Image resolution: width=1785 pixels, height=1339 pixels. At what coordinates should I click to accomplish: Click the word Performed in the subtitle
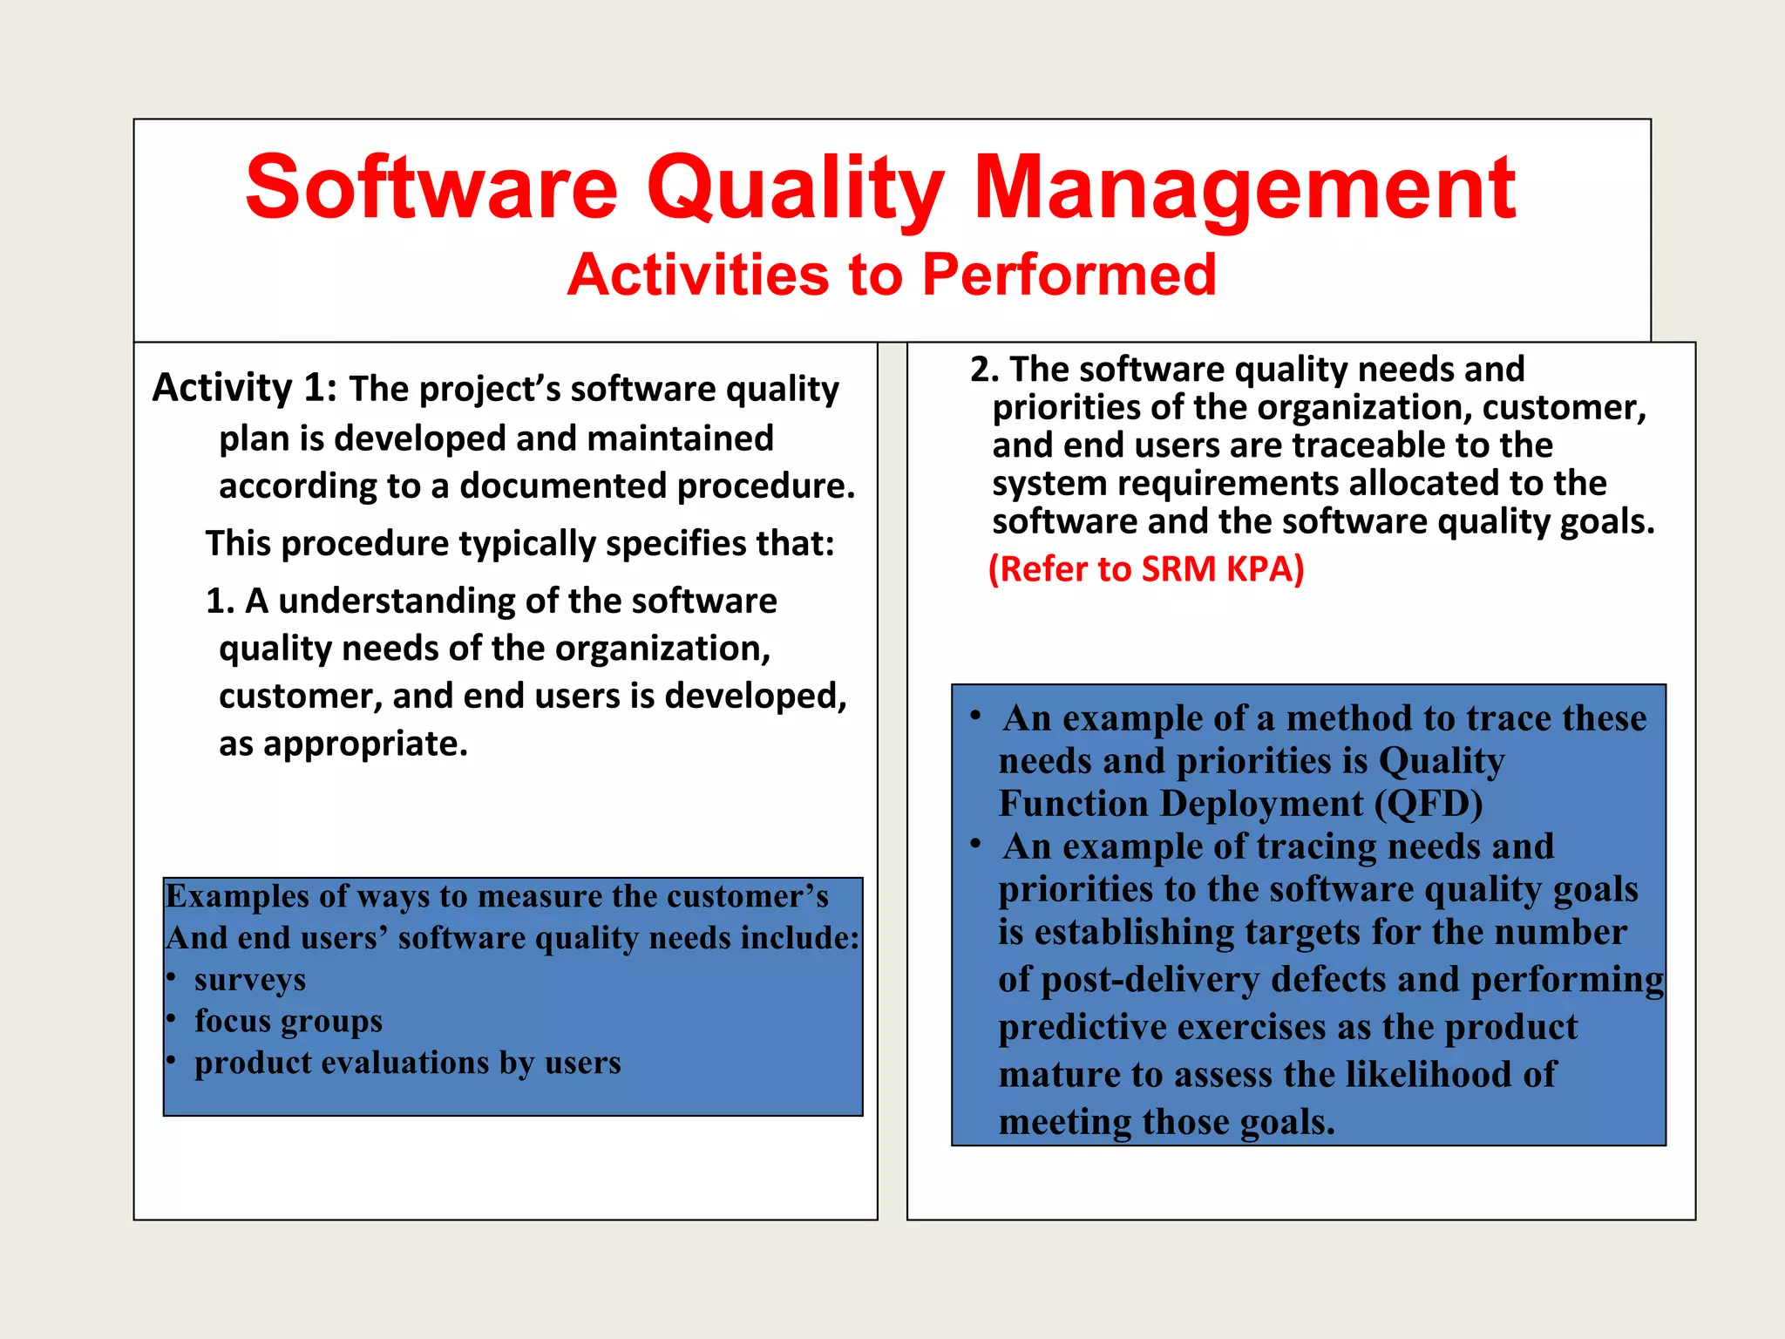point(1069,275)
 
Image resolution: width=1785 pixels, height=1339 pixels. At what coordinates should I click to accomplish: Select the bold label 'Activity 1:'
point(245,387)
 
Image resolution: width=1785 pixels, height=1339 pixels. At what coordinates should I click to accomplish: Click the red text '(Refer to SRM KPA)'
point(1146,569)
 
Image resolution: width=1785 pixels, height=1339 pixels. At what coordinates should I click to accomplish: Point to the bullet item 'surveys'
point(250,980)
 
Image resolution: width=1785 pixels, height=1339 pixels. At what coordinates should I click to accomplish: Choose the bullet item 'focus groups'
point(288,1021)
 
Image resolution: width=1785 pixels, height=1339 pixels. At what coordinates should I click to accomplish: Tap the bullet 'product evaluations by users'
point(407,1063)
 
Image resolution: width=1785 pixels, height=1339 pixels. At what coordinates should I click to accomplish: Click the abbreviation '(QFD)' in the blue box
point(1429,803)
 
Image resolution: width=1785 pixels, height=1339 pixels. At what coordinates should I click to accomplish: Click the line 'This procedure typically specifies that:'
point(520,544)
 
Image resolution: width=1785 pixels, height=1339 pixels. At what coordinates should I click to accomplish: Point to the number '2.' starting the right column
point(984,370)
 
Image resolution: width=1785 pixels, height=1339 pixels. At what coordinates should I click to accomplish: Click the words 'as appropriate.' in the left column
point(343,744)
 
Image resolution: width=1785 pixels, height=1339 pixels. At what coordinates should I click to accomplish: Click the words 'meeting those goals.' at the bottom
point(1166,1122)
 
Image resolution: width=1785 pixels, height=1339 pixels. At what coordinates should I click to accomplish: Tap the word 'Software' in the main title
point(432,188)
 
